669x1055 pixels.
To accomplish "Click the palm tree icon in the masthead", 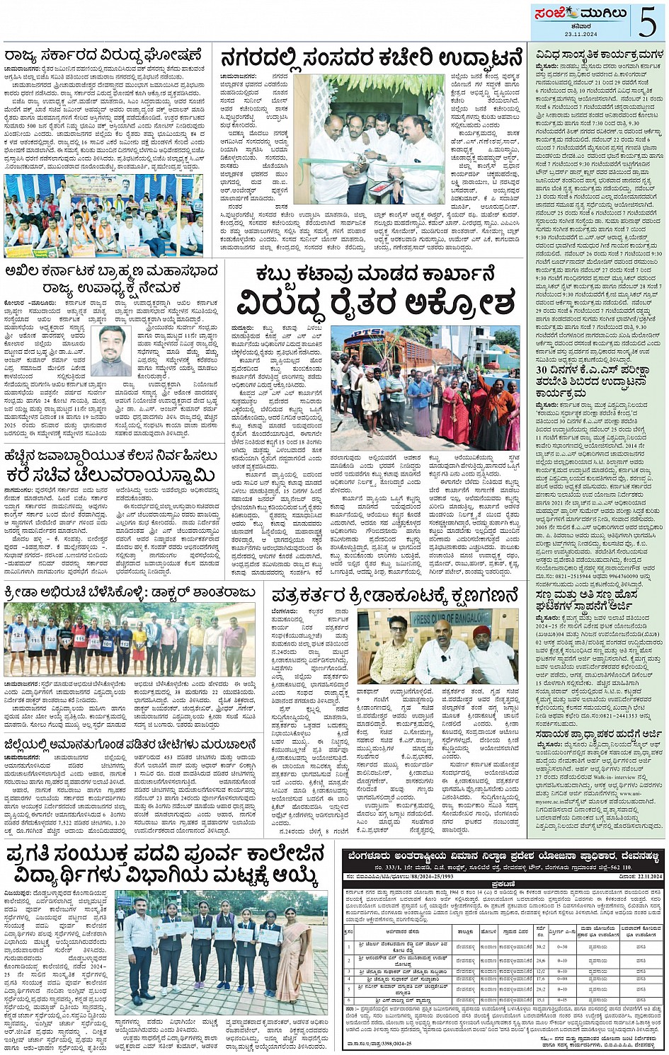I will (572, 13).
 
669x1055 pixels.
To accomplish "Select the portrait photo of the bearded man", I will (111, 351).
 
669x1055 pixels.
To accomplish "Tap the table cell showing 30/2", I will (541, 945).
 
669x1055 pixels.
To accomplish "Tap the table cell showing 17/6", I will (541, 979).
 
